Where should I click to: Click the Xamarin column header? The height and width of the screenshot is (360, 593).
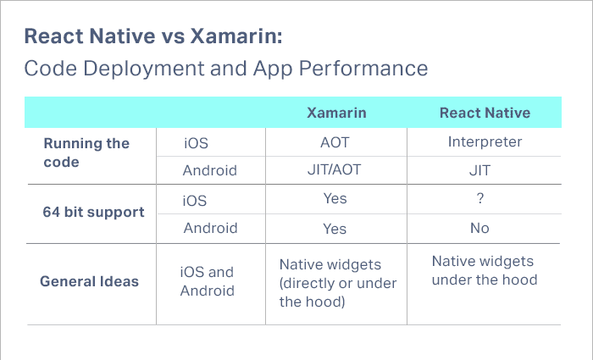coord(335,113)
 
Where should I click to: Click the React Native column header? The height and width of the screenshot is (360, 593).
coord(485,113)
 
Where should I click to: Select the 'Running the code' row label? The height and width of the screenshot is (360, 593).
coord(86,152)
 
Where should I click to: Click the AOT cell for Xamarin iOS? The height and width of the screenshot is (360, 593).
coord(335,142)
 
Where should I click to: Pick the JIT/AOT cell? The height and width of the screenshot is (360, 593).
coord(335,170)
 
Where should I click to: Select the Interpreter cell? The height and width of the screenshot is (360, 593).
coord(485,141)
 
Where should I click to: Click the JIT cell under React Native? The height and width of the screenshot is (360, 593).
coord(480,170)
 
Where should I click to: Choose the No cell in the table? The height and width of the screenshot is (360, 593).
coord(480,229)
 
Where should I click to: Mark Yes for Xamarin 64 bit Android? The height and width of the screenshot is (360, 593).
coord(335,229)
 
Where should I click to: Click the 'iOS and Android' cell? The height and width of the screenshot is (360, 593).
coord(208,281)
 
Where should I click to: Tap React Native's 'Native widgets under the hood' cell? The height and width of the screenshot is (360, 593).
coord(485,271)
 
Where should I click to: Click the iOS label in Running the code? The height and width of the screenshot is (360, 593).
coord(196,142)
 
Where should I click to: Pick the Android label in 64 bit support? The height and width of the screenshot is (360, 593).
coord(210,229)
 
